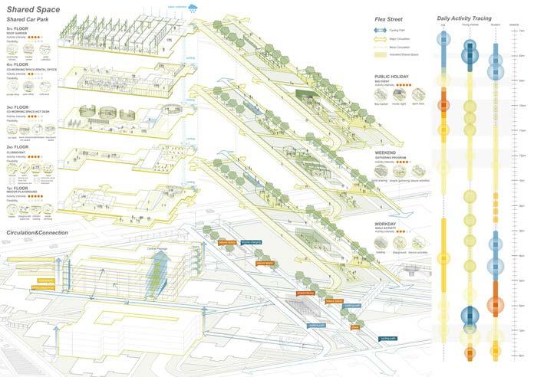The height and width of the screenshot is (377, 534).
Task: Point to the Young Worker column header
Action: (x=469, y=27)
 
